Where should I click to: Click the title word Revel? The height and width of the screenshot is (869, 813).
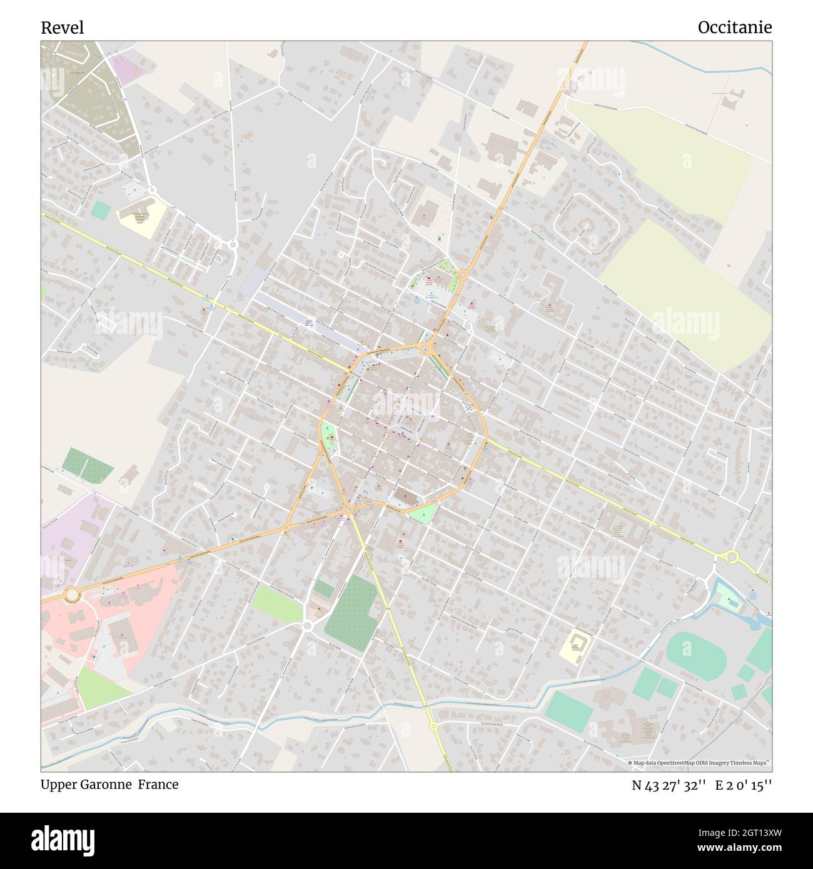tap(62, 28)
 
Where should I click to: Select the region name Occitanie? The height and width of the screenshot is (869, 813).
tap(734, 28)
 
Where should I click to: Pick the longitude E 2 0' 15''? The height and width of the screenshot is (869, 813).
tap(744, 785)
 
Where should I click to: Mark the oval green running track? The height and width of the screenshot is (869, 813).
tap(695, 653)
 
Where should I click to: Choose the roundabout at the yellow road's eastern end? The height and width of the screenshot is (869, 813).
tap(731, 556)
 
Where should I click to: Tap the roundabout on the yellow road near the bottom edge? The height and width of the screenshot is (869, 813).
tap(433, 726)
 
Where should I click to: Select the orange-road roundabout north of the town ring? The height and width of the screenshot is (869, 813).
tap(463, 274)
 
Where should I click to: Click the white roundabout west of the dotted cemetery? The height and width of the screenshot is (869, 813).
tap(307, 625)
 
